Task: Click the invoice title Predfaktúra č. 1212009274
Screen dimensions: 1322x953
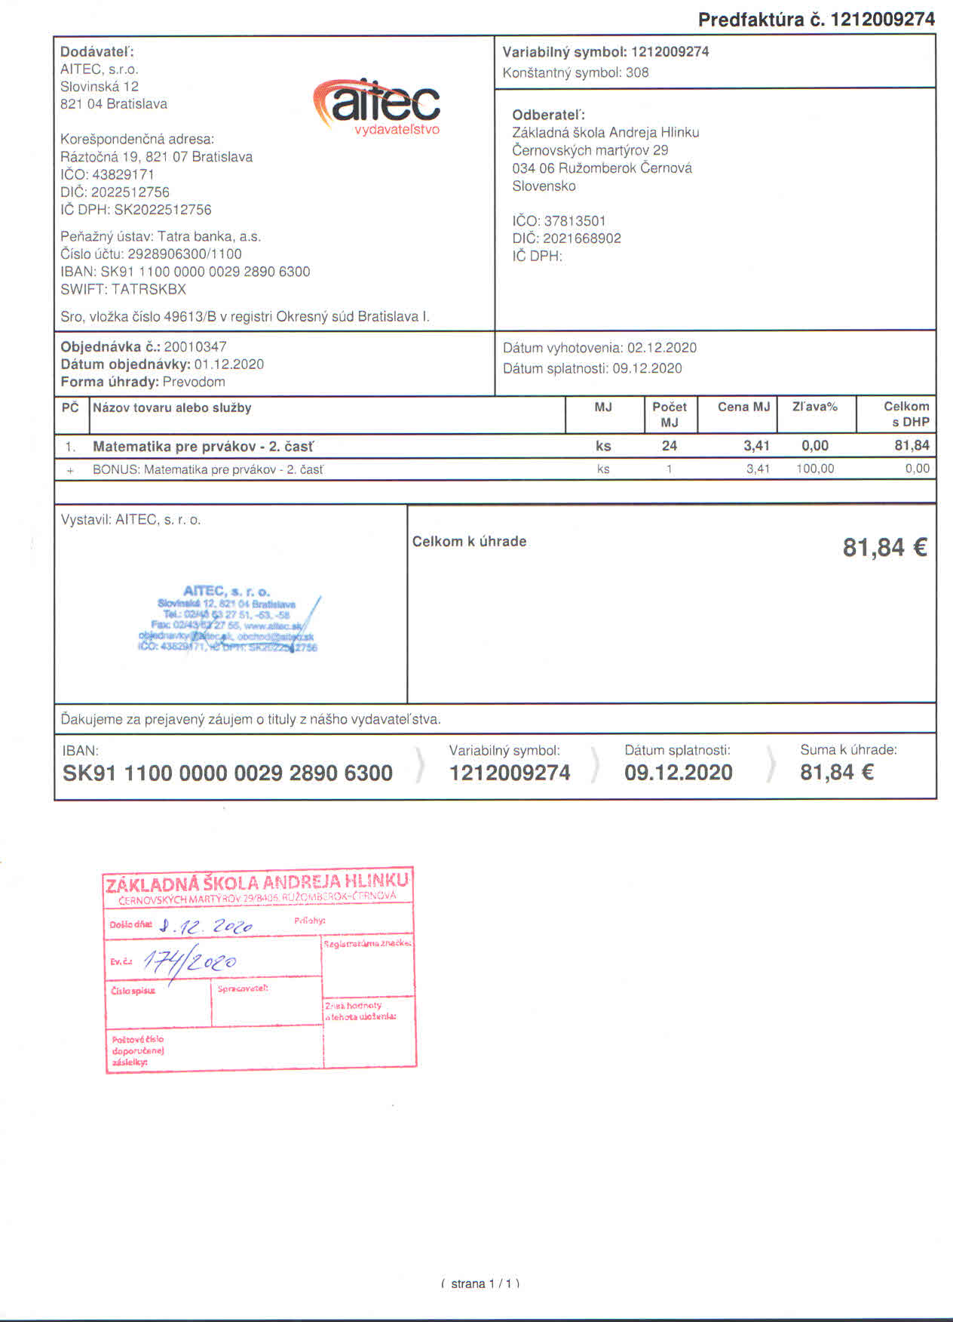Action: pyautogui.click(x=816, y=20)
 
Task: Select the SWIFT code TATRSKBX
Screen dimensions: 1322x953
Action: pyautogui.click(x=149, y=289)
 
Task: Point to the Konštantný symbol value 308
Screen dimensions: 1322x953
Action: pyautogui.click(x=637, y=72)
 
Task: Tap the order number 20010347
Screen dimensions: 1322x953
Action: pyautogui.click(x=195, y=347)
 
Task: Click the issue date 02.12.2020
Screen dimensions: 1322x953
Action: pyautogui.click(x=661, y=348)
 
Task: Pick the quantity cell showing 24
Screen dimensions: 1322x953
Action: pyautogui.click(x=669, y=446)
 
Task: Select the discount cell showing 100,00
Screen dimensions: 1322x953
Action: pyautogui.click(x=815, y=469)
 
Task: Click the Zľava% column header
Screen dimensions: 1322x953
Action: pyautogui.click(x=814, y=407)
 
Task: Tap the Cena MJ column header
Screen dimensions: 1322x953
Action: pyautogui.click(x=743, y=407)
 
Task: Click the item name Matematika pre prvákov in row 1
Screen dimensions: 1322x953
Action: pyautogui.click(x=203, y=447)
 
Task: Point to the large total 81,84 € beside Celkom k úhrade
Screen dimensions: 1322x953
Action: pyautogui.click(x=884, y=547)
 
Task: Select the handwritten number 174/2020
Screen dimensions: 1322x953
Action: pyautogui.click(x=189, y=961)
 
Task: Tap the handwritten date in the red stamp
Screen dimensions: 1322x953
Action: pyautogui.click(x=206, y=926)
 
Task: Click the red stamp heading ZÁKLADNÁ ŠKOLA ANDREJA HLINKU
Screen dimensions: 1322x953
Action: pyautogui.click(x=257, y=882)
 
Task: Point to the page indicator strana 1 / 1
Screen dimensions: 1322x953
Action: pyautogui.click(x=480, y=1284)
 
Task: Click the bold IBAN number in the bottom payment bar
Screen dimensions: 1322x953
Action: pyautogui.click(x=227, y=773)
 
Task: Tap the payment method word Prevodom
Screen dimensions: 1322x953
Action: pyautogui.click(x=194, y=382)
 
